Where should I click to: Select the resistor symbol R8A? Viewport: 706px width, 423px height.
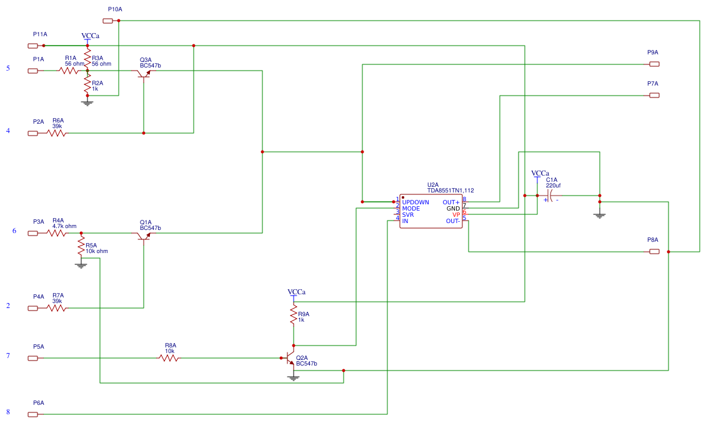(167, 358)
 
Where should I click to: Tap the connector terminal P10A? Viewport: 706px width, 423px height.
(108, 21)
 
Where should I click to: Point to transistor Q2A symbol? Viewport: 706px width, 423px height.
(289, 358)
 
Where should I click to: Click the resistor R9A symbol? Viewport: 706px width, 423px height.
(293, 314)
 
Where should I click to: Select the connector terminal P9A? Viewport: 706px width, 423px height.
(654, 64)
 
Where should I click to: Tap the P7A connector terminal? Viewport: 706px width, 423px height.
(654, 96)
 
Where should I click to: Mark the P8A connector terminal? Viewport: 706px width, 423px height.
(654, 252)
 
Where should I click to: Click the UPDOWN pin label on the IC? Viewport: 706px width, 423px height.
(415, 202)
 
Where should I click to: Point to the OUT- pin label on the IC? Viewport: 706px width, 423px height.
(453, 221)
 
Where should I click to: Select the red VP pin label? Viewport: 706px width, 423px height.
(456, 215)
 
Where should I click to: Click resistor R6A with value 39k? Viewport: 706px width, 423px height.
(56, 133)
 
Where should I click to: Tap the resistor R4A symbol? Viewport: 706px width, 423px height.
(56, 233)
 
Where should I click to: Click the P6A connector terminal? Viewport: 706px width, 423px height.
(33, 414)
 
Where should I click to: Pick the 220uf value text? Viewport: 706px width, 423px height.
(553, 186)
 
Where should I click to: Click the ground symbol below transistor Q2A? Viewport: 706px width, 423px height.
(293, 377)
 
